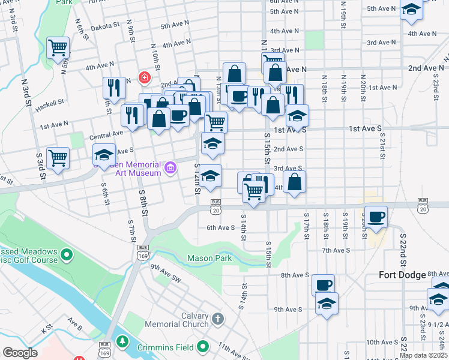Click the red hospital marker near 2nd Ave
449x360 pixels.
pos(144,77)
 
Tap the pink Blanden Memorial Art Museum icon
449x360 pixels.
pos(171,168)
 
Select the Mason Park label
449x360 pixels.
pos(209,258)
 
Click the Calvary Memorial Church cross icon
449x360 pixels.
pos(217,317)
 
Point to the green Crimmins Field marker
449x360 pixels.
pos(203,346)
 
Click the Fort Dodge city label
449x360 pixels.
pos(403,275)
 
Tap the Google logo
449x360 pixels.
pos(20,353)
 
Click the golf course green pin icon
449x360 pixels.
pos(67,256)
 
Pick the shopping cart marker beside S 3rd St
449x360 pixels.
pos(58,158)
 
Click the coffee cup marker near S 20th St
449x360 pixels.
pos(376,217)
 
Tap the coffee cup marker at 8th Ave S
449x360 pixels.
pos(323,284)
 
